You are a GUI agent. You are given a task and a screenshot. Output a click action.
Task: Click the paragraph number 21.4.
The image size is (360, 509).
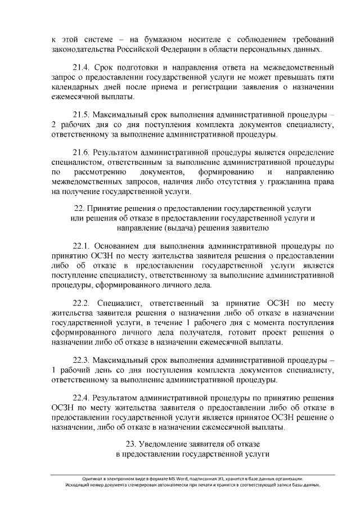(82, 67)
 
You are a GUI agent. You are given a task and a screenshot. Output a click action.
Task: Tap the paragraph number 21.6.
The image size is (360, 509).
(82, 152)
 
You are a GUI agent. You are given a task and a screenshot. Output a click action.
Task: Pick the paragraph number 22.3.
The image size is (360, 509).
(82, 359)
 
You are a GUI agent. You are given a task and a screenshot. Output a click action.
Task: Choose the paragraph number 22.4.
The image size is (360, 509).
(82, 397)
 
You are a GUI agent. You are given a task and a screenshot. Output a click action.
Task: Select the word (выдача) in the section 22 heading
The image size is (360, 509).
(161, 228)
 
